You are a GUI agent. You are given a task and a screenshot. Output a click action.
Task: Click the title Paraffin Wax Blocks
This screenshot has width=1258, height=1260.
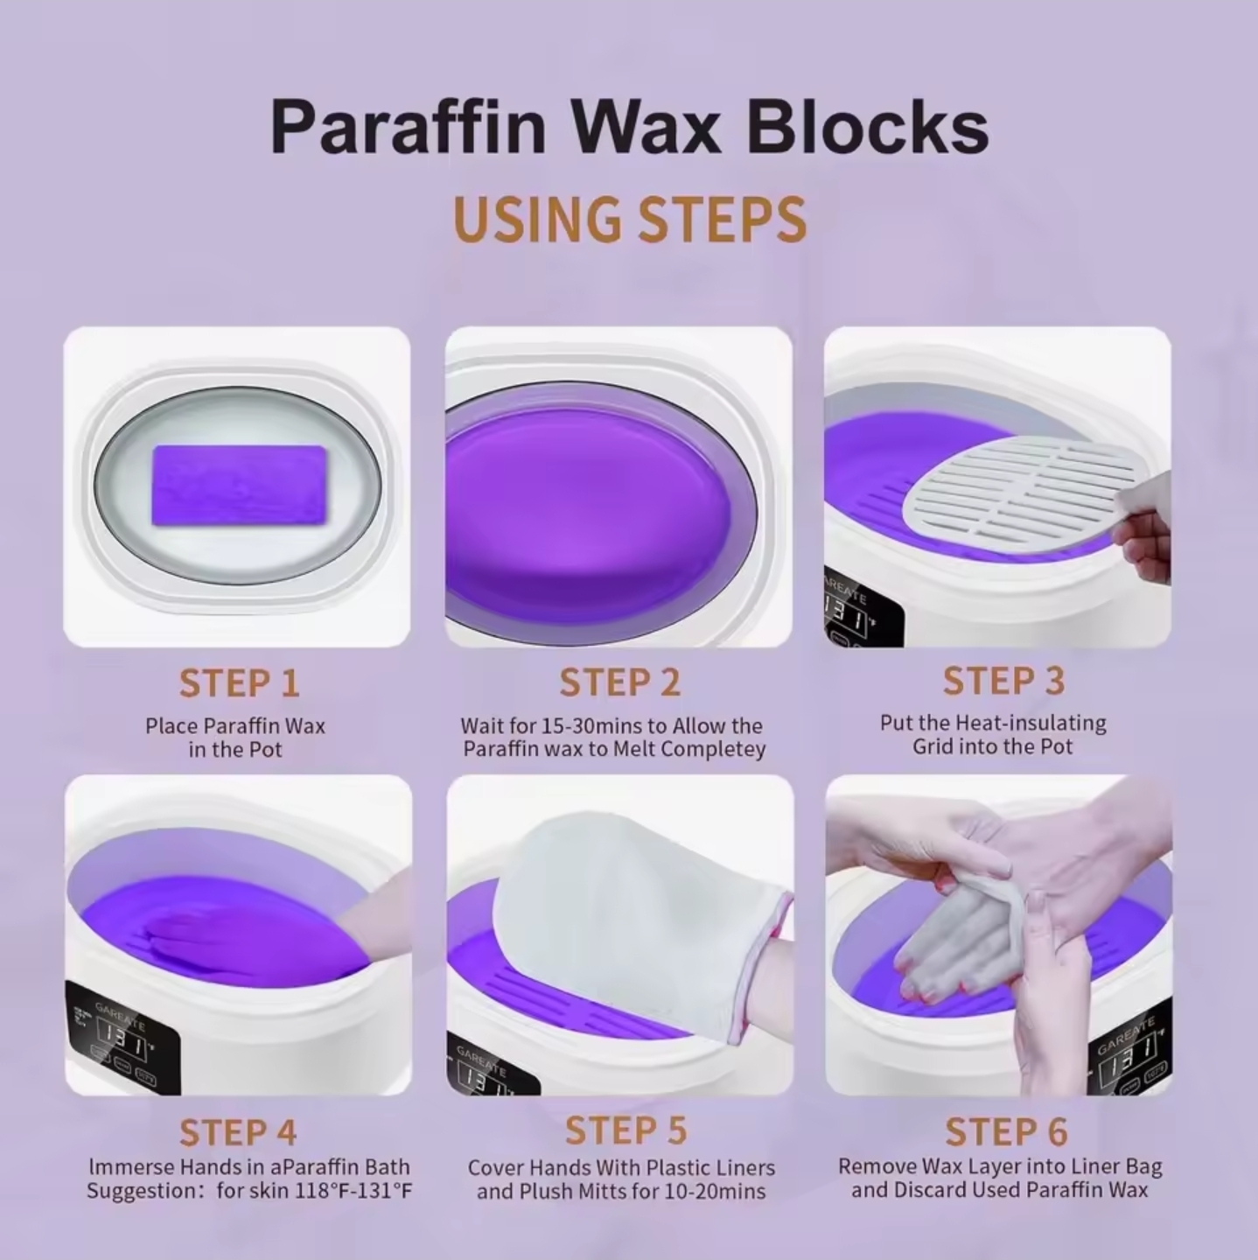point(629,128)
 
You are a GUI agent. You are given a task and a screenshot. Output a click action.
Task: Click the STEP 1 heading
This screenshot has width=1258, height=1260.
point(239,683)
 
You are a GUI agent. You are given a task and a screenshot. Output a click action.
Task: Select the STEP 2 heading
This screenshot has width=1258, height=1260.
point(619,683)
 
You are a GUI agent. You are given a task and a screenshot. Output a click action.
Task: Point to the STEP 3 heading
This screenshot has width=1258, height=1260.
point(1003,681)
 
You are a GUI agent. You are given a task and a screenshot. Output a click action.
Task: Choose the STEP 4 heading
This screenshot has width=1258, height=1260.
point(238,1132)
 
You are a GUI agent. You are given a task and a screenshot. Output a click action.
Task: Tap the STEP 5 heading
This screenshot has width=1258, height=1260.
point(626,1130)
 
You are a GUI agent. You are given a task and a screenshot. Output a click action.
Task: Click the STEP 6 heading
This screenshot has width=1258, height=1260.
point(1006,1131)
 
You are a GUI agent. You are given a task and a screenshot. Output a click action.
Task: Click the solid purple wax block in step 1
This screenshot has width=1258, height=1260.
point(239,485)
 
